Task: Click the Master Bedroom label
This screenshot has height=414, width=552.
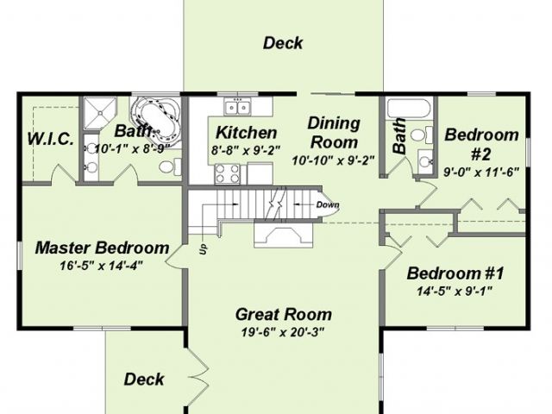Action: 102,248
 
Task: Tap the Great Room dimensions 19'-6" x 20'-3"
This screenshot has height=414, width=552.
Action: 282,332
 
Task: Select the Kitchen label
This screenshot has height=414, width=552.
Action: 246,133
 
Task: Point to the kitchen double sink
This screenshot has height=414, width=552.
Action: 238,106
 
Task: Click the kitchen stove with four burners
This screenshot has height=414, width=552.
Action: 227,174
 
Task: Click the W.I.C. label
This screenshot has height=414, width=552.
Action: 51,139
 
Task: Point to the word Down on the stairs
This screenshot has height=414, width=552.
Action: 328,205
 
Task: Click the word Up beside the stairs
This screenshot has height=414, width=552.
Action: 204,249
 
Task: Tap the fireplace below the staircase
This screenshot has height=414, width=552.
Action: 284,235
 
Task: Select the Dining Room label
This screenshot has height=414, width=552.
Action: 334,133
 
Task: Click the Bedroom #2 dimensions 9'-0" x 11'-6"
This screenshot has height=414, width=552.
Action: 481,172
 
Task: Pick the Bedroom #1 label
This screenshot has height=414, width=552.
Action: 455,273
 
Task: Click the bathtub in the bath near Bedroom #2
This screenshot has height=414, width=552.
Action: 408,108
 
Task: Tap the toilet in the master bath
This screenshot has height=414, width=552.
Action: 170,166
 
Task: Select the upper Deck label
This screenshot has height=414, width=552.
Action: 283,43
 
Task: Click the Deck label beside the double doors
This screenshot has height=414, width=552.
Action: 144,379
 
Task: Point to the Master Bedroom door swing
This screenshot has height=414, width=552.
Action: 175,257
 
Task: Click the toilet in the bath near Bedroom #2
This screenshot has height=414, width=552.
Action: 422,135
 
